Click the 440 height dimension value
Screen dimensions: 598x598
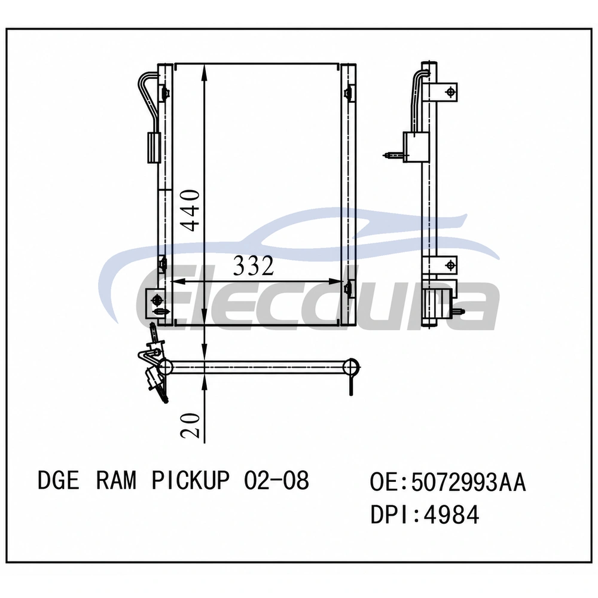[x=190, y=210]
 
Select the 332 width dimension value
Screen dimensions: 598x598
[x=254, y=266]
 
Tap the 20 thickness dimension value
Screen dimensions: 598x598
[x=190, y=425]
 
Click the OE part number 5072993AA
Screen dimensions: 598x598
[x=469, y=482]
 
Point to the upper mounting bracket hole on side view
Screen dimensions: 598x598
[x=451, y=92]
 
